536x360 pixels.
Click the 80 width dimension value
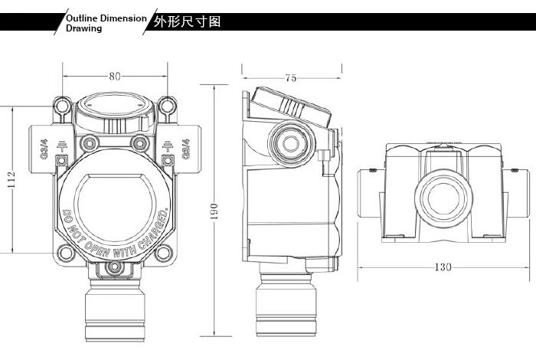114,76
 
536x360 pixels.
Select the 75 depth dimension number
291,77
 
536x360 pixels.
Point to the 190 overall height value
214,209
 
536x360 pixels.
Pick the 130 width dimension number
443,267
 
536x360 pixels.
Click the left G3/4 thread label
43,144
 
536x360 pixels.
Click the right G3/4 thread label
186,144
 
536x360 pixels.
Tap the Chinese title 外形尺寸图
188,21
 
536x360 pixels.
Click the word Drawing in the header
83,28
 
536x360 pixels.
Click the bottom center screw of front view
114,267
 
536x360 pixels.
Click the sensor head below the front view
114,310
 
